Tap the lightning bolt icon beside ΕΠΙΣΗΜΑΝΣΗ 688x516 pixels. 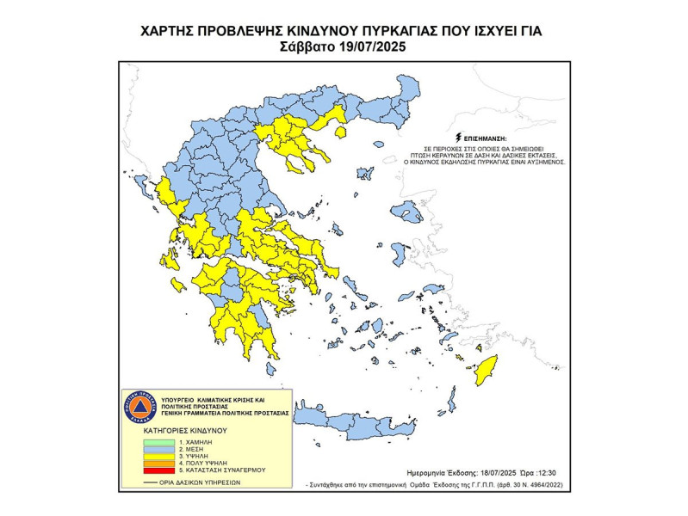(459, 138)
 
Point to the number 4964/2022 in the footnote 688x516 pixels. (536, 486)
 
